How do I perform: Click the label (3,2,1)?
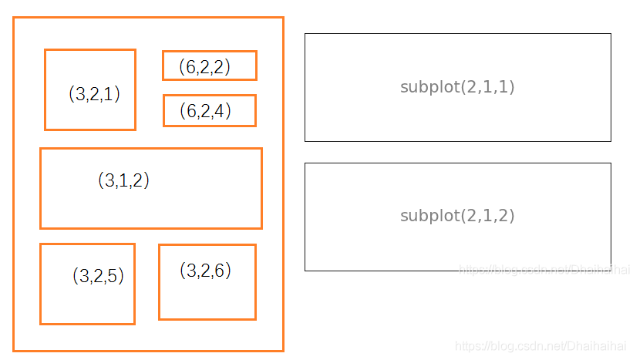coord(95,94)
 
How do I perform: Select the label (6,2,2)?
coord(204,66)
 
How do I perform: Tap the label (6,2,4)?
coord(206,110)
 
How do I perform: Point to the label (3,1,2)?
coord(123,180)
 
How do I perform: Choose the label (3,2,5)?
coord(98,276)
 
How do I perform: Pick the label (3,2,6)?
coord(206,270)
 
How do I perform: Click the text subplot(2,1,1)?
coord(457,87)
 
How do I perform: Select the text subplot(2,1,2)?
coord(457,216)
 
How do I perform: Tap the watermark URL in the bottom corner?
coord(540,346)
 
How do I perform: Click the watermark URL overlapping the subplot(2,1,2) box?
coord(544,269)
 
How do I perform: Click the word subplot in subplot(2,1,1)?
coord(430,87)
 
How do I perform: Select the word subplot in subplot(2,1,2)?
coord(430,216)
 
